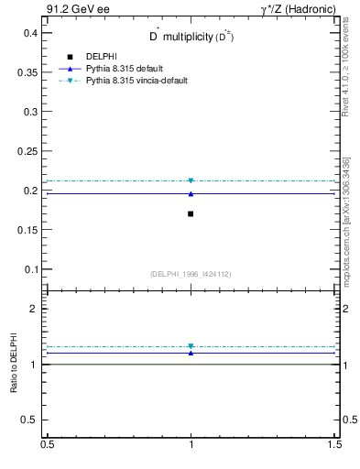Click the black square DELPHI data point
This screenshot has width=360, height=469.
191,213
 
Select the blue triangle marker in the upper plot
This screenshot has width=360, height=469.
191,193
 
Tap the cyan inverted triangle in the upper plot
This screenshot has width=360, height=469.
191,180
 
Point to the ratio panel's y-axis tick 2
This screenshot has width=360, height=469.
33,310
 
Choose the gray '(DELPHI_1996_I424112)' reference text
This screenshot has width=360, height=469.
191,273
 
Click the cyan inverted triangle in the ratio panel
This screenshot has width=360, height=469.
191,346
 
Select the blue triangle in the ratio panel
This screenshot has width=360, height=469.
191,352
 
